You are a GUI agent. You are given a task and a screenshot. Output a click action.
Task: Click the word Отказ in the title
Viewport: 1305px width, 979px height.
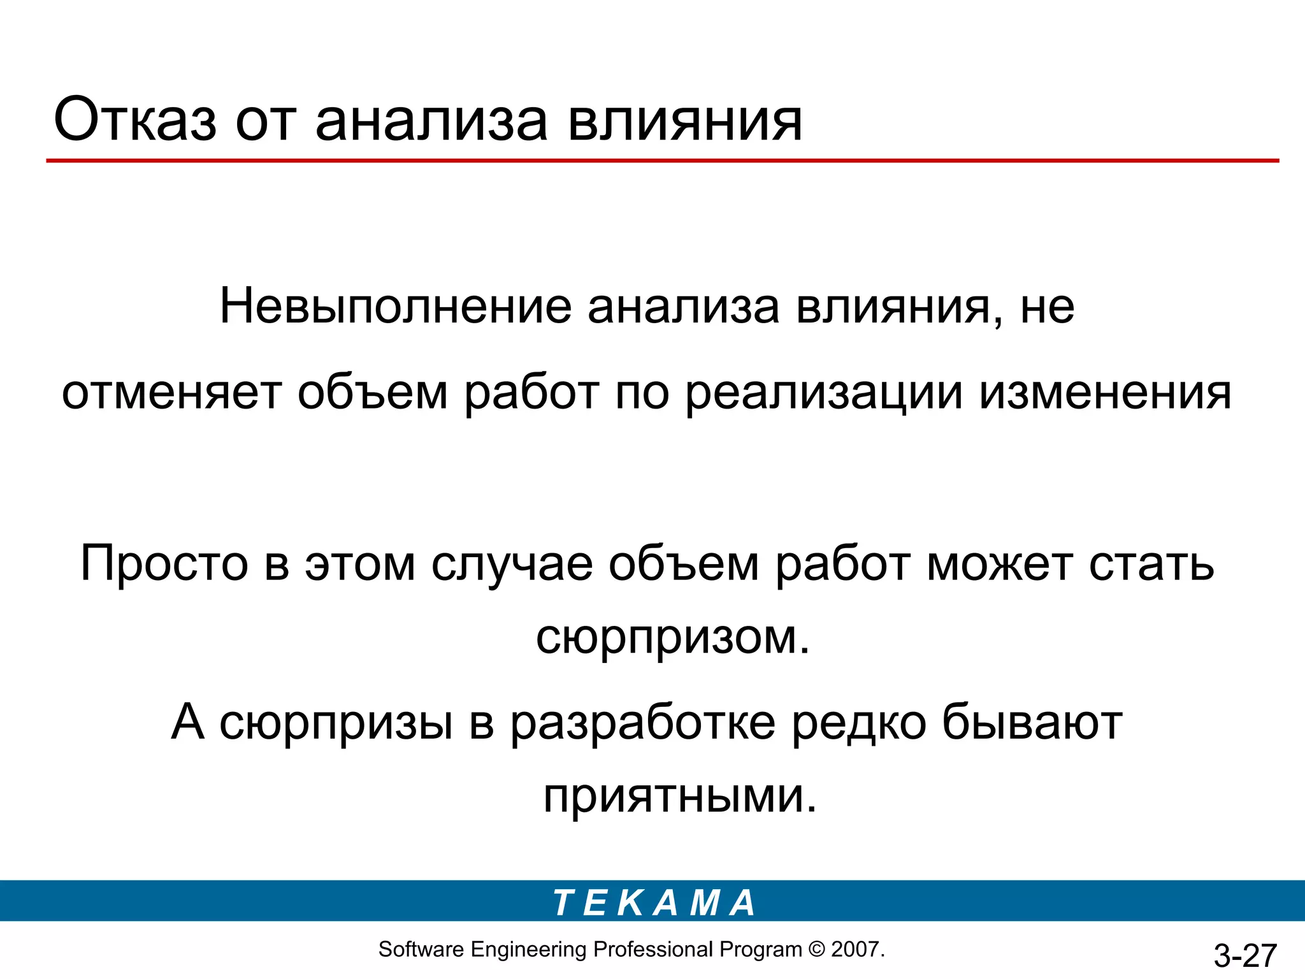135,120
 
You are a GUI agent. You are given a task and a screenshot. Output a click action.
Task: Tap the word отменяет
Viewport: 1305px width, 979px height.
171,393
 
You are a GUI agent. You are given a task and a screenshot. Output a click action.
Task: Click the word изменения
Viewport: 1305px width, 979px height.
1105,393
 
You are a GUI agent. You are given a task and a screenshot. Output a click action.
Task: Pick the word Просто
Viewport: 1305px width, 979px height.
164,563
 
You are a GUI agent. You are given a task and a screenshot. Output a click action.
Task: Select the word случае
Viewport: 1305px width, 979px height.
512,563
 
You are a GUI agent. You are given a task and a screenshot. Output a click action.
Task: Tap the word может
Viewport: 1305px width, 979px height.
999,563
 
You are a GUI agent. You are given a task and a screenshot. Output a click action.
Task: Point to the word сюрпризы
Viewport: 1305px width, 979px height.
336,722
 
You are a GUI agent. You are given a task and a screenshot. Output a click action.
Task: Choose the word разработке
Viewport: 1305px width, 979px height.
643,722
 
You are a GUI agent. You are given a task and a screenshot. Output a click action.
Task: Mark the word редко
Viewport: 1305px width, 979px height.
858,722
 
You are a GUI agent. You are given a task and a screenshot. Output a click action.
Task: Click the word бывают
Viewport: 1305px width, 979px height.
1032,722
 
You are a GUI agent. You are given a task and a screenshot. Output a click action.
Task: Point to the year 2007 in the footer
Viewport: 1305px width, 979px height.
855,950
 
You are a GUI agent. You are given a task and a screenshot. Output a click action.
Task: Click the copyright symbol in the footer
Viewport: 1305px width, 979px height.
816,950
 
